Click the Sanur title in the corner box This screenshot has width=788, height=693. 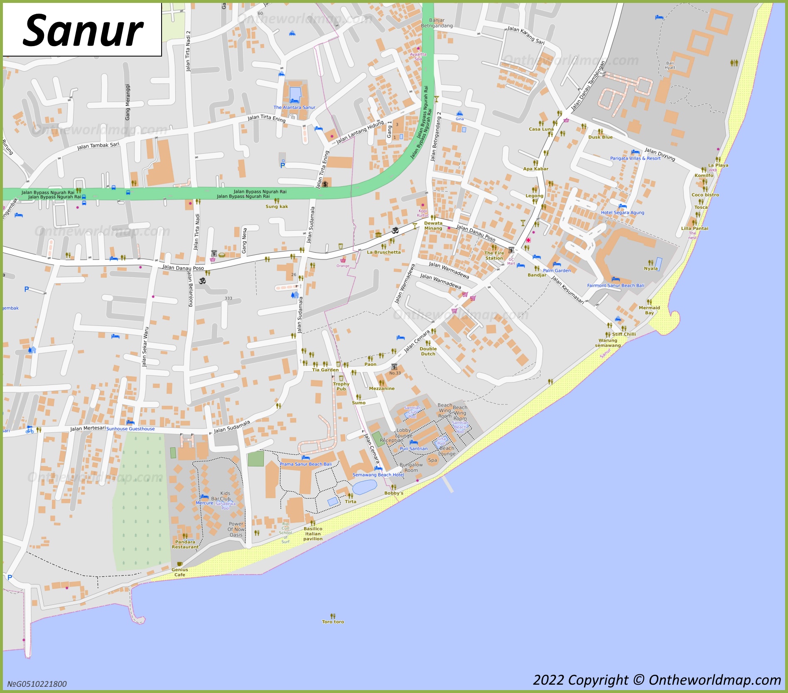point(83,30)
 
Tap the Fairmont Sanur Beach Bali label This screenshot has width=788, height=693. point(615,286)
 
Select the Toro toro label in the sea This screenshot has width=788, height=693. point(333,622)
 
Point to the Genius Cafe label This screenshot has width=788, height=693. point(179,572)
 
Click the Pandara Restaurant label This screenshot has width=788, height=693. point(185,545)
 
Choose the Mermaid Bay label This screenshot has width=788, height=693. point(649,310)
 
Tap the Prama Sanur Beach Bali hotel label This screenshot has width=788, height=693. point(305,464)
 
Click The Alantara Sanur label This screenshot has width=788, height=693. point(294,107)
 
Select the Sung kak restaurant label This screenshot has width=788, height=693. point(277,207)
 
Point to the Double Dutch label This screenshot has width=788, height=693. point(428,351)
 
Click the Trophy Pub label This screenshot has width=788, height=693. point(341,387)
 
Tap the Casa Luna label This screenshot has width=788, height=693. point(541,129)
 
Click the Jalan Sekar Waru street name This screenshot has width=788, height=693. point(145,347)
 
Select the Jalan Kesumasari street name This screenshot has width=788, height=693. point(567,290)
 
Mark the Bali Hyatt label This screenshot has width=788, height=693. point(670,65)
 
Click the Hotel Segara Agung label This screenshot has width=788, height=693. point(622,212)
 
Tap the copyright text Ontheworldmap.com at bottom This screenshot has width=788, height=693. point(657,680)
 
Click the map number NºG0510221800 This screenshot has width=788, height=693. point(37,684)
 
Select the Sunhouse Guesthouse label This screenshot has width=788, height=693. point(130,429)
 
